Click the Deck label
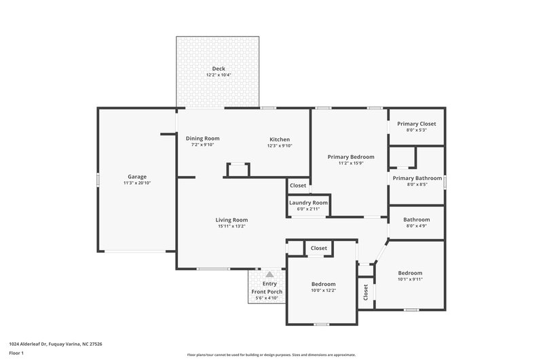point(218,69)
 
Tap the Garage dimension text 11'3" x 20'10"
point(137,183)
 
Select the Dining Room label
point(202,138)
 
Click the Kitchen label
point(279,139)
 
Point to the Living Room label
point(231,219)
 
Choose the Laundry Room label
point(308,202)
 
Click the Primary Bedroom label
point(351,157)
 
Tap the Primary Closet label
point(416,124)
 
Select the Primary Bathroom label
point(417,178)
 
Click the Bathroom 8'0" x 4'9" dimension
point(417,226)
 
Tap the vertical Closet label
point(366,293)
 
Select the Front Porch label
point(267,291)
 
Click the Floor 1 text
point(16,353)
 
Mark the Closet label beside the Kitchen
point(298,185)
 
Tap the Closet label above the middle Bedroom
point(319,248)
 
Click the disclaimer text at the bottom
point(271,355)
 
